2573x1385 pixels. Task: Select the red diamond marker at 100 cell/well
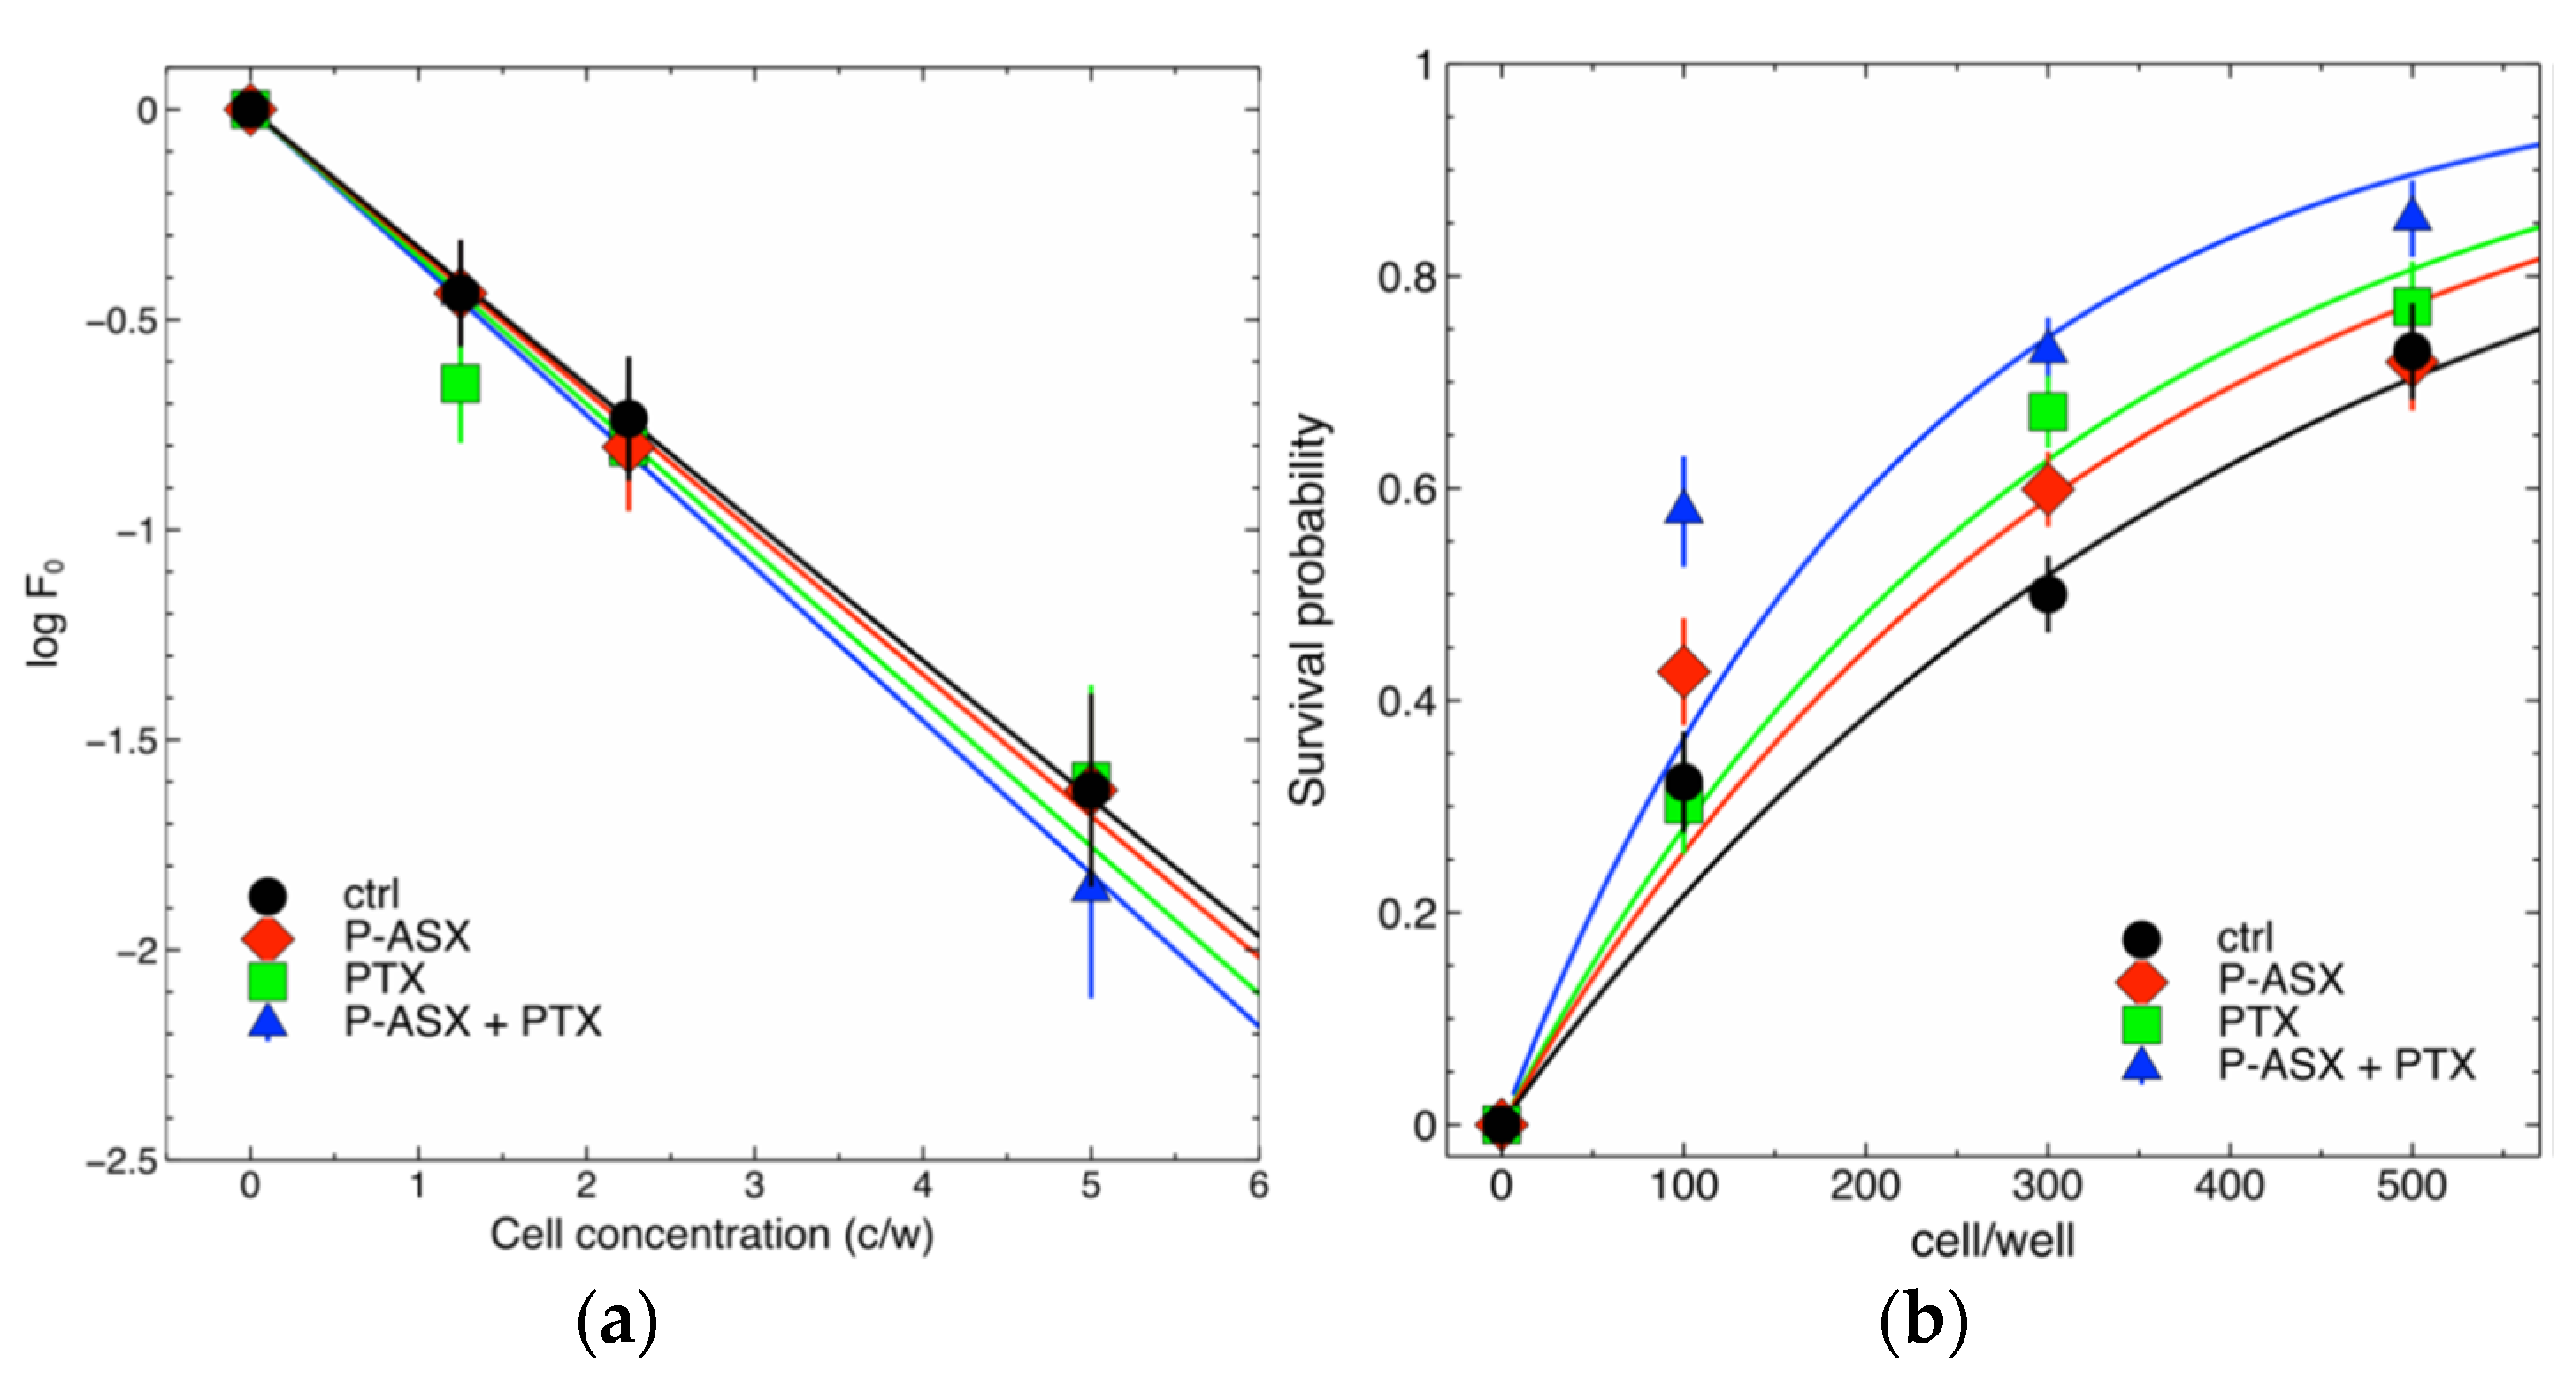[x=1683, y=671]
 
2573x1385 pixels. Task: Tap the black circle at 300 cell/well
[x=2048, y=595]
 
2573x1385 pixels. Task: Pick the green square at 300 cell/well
[x=2048, y=411]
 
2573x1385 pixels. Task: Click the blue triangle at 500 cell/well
[x=2411, y=216]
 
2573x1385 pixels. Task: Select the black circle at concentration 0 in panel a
[x=249, y=109]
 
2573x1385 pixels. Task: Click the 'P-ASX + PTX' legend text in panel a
[x=472, y=1022]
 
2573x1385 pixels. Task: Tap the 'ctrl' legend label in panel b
[x=2244, y=937]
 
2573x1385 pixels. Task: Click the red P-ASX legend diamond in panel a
[x=268, y=938]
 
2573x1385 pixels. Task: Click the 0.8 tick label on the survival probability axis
[x=1405, y=277]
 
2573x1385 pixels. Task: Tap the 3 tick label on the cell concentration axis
[x=754, y=1186]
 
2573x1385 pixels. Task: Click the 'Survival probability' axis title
[x=1308, y=609]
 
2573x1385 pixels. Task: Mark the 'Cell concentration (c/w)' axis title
[x=711, y=1236]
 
